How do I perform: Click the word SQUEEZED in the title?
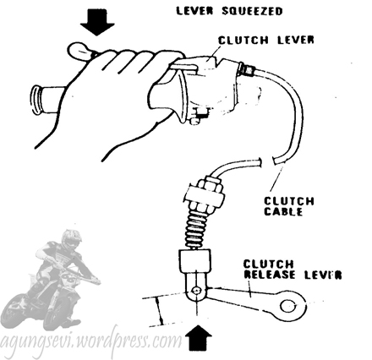pyautogui.click(x=252, y=11)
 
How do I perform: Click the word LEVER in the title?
pyautogui.click(x=195, y=11)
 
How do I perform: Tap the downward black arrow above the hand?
pyautogui.click(x=97, y=22)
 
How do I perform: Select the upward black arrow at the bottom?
pyautogui.click(x=200, y=338)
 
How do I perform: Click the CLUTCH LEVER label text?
pyautogui.click(x=266, y=40)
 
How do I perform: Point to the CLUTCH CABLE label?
pyautogui.click(x=289, y=206)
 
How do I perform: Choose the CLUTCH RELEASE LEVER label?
pyautogui.click(x=293, y=270)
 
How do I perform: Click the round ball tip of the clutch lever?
pyautogui.click(x=79, y=51)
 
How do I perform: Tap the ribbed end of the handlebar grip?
pyautogui.click(x=36, y=100)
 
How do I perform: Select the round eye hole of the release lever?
pyautogui.click(x=287, y=306)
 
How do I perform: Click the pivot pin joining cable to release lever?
pyautogui.click(x=196, y=291)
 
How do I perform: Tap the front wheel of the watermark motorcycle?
pyautogui.click(x=60, y=312)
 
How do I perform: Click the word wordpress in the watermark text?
pyautogui.click(x=113, y=341)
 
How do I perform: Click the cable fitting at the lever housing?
pyautogui.click(x=247, y=70)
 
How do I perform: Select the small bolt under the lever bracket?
pyautogui.click(x=194, y=120)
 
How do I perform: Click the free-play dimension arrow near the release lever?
pyautogui.click(x=160, y=311)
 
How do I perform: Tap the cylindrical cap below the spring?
pyautogui.click(x=194, y=260)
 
